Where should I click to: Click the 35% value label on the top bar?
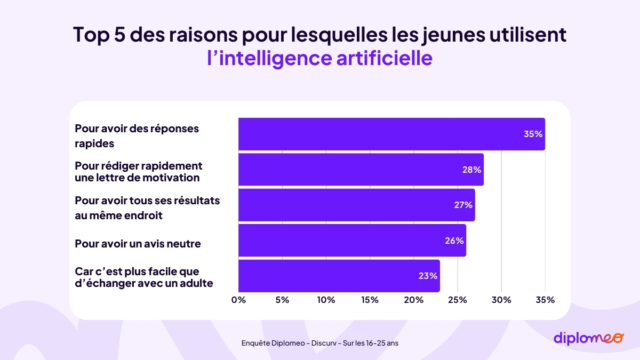tap(533, 134)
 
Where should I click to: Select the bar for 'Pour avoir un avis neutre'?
tap(352, 241)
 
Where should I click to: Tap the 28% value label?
tap(471, 170)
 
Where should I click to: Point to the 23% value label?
tap(428, 276)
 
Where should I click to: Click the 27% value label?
tap(463, 205)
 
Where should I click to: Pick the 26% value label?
tap(454, 241)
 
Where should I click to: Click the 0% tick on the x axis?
tap(238, 300)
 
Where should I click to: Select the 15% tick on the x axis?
tap(370, 300)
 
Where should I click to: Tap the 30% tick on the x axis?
tap(501, 300)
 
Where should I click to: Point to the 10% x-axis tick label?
tap(326, 300)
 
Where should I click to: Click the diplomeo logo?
tap(588, 338)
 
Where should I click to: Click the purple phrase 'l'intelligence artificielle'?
tap(319, 58)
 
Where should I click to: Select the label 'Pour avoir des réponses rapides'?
tap(137, 136)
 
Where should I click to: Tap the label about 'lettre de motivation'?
tap(138, 172)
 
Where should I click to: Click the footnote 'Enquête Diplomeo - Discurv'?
tap(319, 343)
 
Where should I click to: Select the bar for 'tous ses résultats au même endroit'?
tap(356, 205)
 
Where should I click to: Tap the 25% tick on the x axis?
tap(458, 300)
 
